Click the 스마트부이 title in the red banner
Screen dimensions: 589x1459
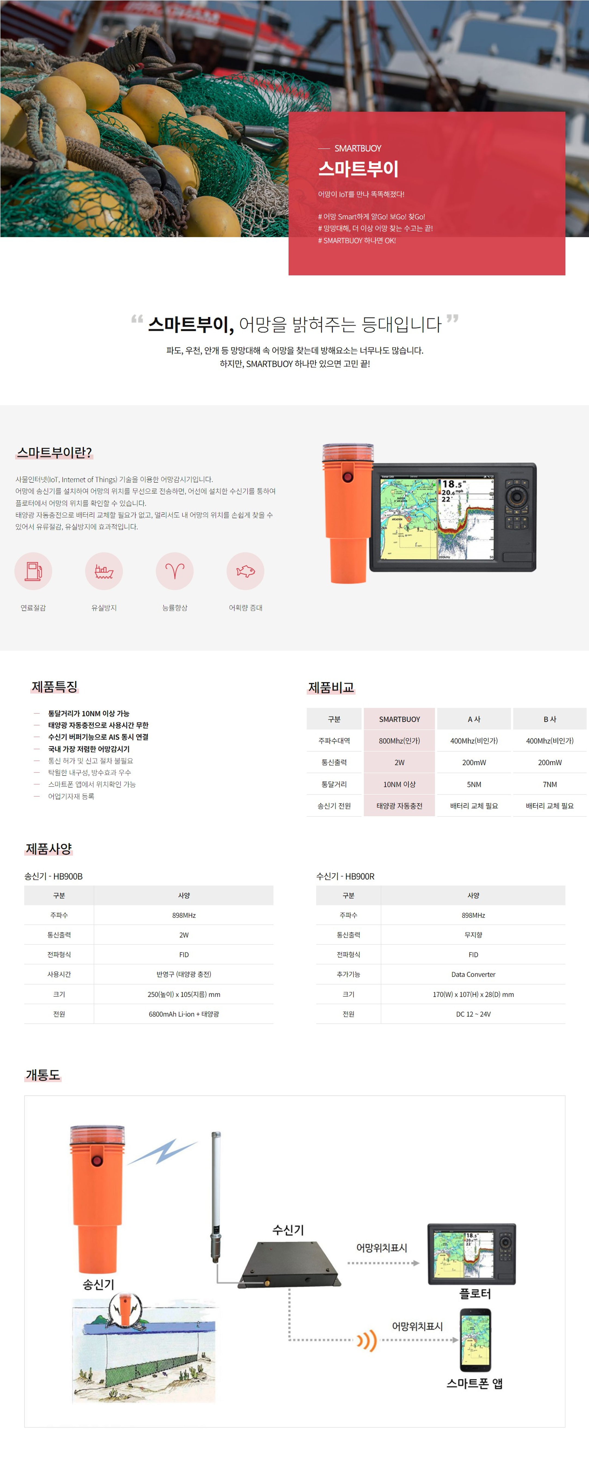pyautogui.click(x=358, y=169)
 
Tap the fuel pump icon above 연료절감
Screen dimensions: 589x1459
pyautogui.click(x=33, y=571)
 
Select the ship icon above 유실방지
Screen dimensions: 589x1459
pyautogui.click(x=104, y=572)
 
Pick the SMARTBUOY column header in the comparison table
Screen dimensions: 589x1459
pyautogui.click(x=399, y=719)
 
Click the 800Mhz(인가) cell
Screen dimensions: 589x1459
pyautogui.click(x=399, y=741)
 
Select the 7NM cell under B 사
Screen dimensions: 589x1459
pyautogui.click(x=550, y=784)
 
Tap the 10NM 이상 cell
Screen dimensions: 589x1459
pyautogui.click(x=399, y=784)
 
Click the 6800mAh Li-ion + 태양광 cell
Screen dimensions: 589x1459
pyautogui.click(x=184, y=1014)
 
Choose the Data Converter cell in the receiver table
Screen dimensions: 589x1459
pyautogui.click(x=473, y=974)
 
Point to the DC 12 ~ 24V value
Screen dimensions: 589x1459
pyautogui.click(x=473, y=1014)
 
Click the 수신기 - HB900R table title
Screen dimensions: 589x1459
pyautogui.click(x=345, y=876)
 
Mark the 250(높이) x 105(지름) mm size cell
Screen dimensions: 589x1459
pyautogui.click(x=184, y=994)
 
